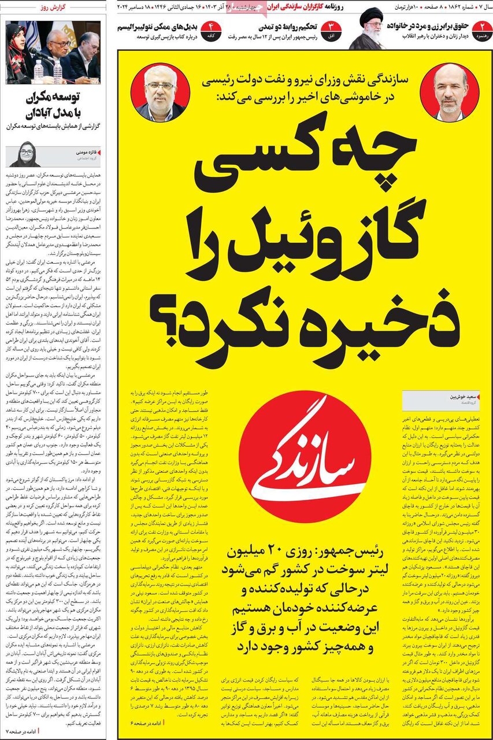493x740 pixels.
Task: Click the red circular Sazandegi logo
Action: point(305,456)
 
